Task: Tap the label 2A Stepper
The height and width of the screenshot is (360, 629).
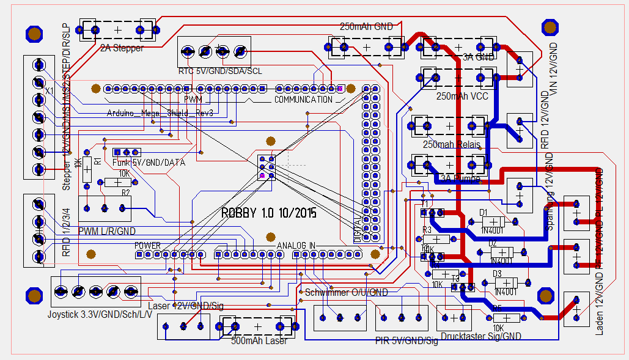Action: (122, 48)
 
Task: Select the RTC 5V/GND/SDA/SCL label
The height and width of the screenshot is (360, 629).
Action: (220, 71)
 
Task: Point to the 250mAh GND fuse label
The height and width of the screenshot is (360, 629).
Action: (366, 27)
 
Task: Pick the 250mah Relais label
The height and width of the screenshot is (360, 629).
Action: (451, 144)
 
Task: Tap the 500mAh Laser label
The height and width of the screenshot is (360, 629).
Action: (259, 340)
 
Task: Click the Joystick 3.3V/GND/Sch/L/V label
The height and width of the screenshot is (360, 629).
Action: (95, 314)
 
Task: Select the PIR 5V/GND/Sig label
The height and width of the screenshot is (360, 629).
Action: (407, 340)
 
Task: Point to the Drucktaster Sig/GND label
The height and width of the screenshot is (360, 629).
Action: (480, 336)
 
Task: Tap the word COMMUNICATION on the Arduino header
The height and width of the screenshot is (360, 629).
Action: (303, 100)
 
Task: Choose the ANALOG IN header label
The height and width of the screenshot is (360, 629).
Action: (296, 245)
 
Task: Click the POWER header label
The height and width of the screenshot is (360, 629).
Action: (147, 245)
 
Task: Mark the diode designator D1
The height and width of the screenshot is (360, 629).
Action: (484, 212)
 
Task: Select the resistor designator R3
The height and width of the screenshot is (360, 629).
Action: (427, 230)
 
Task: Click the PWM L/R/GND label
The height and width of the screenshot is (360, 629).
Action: (107, 231)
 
